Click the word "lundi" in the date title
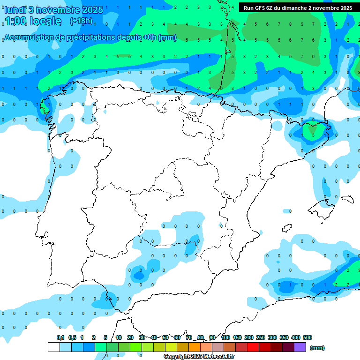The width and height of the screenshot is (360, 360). pos(15,10)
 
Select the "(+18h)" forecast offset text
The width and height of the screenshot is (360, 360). pos(81,21)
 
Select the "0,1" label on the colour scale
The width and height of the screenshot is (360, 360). pos(60,337)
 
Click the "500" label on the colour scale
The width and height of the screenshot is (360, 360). pos(307,337)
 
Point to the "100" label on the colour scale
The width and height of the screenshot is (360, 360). pos(225,337)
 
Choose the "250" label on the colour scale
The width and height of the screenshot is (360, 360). pos(261,337)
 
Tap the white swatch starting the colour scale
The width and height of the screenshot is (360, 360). pos(53,347)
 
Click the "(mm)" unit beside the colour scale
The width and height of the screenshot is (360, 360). pos(317,348)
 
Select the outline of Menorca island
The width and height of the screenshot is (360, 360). pos(347,199)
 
